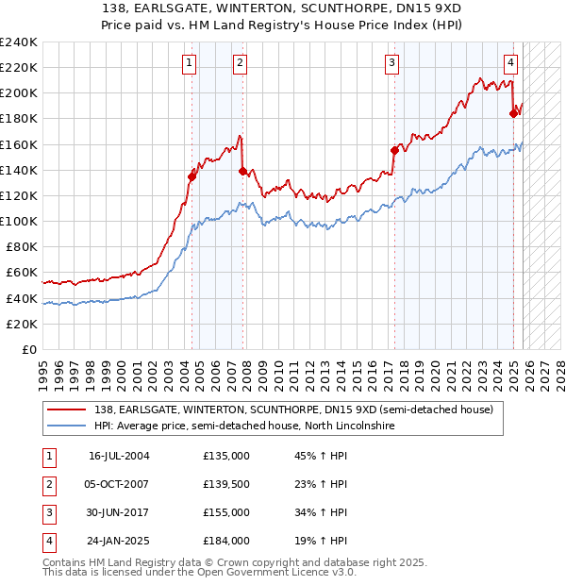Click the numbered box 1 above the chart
[190, 63]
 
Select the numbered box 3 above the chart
[391, 63]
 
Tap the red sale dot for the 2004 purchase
[191, 175]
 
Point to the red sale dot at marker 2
[243, 171]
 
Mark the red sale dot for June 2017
[394, 150]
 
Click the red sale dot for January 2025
[514, 113]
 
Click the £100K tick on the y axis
[19, 221]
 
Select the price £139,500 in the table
[226, 484]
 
